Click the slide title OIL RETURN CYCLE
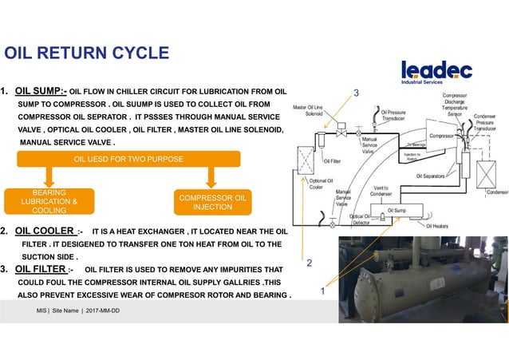[87, 53]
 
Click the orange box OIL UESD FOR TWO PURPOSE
[128, 159]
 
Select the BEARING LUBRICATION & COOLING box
[49, 202]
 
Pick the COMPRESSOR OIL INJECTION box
[212, 202]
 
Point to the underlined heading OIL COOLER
[46, 231]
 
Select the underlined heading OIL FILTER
[44, 269]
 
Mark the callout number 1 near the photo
[322, 292]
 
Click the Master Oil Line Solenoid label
[308, 110]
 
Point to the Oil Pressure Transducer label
[398, 117]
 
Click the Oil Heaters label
[440, 226]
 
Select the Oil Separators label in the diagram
[433, 176]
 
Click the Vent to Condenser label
[381, 192]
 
